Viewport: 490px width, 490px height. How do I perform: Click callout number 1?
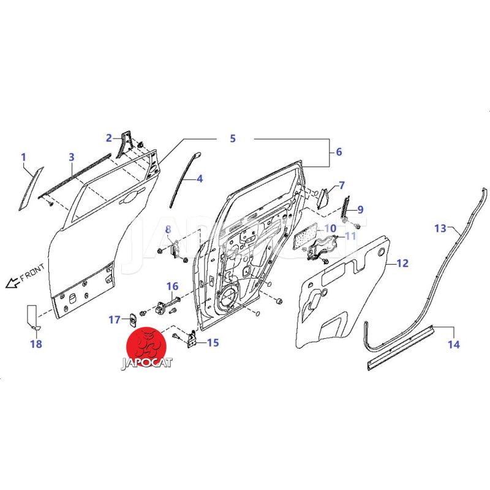tap(23, 157)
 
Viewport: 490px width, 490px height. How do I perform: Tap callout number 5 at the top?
tap(233, 138)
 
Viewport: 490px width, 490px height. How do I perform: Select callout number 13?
tap(440, 228)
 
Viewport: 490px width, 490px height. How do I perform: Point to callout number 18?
tap(36, 344)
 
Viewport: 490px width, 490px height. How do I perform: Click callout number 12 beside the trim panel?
tap(402, 263)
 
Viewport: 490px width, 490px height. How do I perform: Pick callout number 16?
tap(172, 286)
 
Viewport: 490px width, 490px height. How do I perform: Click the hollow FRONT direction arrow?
tap(12, 282)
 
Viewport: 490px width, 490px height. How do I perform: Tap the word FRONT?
tap(32, 272)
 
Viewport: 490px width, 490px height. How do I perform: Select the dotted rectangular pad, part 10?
tap(305, 235)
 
